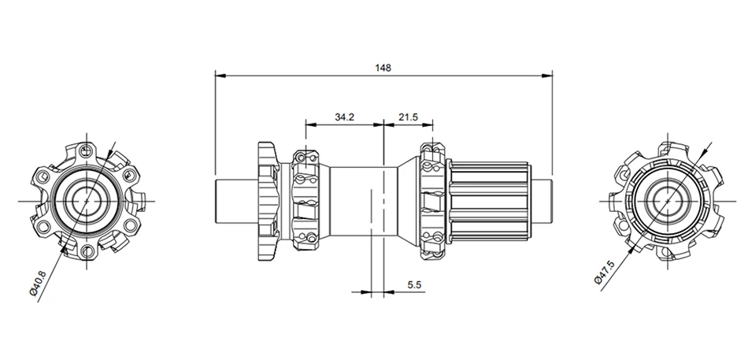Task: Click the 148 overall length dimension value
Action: [383, 68]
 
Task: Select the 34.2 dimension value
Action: [344, 117]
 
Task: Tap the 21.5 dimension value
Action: [409, 117]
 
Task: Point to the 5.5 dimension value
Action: [414, 284]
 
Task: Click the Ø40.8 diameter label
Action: [38, 284]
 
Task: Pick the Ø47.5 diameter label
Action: [603, 272]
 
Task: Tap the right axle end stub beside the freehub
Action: [541, 202]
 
